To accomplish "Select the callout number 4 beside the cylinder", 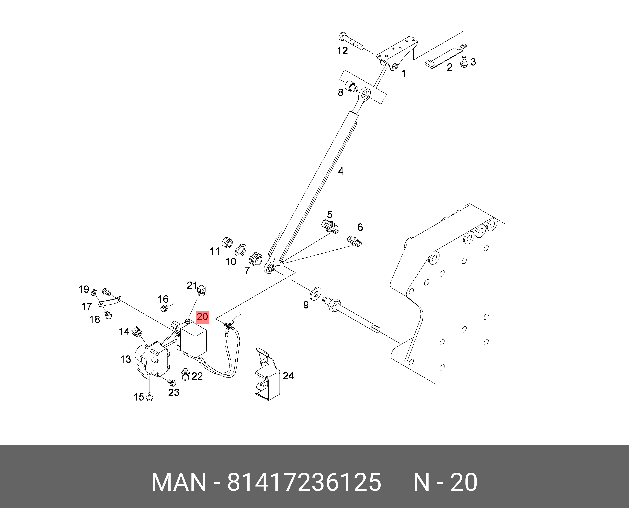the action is coord(341,171).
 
